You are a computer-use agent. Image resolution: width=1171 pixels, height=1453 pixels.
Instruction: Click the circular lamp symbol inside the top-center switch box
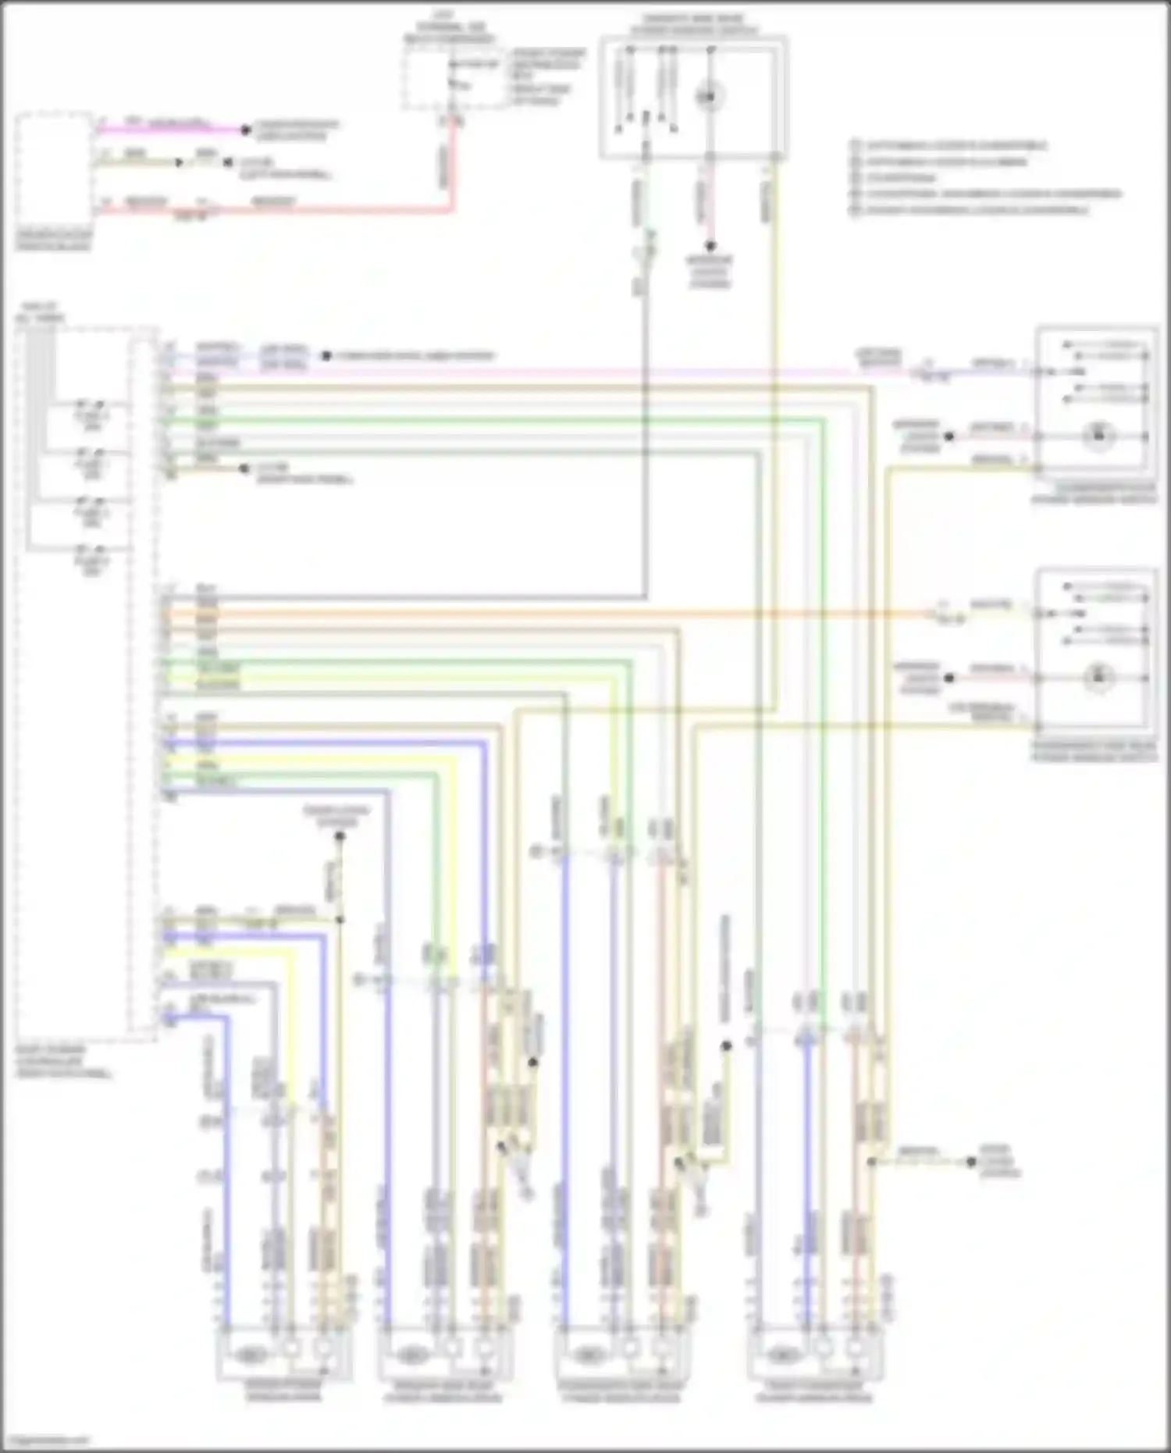pyautogui.click(x=709, y=97)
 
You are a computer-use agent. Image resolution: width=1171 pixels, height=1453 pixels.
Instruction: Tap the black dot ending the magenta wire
pyautogui.click(x=245, y=130)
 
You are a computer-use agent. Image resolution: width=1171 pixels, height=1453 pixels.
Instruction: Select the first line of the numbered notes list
pyautogui.click(x=949, y=145)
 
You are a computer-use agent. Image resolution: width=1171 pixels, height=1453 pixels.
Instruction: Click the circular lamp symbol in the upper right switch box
pyautogui.click(x=1098, y=436)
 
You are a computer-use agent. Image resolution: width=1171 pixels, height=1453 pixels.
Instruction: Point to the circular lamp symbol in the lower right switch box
pyautogui.click(x=1098, y=677)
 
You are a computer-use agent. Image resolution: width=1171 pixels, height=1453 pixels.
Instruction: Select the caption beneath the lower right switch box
pyautogui.click(x=1094, y=751)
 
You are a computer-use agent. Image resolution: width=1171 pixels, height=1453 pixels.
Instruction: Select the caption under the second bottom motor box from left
pyautogui.click(x=443, y=1391)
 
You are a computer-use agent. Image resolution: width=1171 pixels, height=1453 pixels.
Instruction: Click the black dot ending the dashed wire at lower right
pyautogui.click(x=971, y=1162)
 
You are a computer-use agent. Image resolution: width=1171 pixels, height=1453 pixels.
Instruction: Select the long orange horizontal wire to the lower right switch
pyautogui.click(x=546, y=614)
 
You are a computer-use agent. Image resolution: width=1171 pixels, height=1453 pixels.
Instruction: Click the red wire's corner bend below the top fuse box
pyautogui.click(x=450, y=207)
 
